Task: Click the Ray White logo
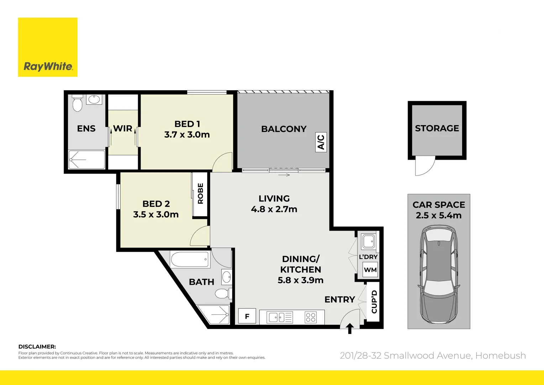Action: click(x=48, y=47)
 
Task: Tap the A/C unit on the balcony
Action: click(x=320, y=142)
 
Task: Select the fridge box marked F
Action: click(x=247, y=316)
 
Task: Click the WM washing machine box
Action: click(x=370, y=270)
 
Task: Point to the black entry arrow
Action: click(x=350, y=328)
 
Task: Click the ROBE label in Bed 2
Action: click(x=200, y=194)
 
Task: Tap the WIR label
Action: click(x=122, y=128)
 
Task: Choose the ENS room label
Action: click(x=86, y=128)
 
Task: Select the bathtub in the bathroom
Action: click(x=190, y=260)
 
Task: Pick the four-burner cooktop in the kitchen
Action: click(x=310, y=317)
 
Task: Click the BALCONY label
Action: click(x=284, y=129)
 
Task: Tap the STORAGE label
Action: click(x=437, y=128)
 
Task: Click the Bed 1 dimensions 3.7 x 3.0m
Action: click(x=187, y=134)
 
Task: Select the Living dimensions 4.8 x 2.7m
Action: click(x=274, y=209)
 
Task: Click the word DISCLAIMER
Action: click(x=37, y=346)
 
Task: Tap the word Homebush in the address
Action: click(x=501, y=355)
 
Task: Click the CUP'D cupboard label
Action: click(x=374, y=302)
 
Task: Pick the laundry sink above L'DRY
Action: click(x=368, y=241)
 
